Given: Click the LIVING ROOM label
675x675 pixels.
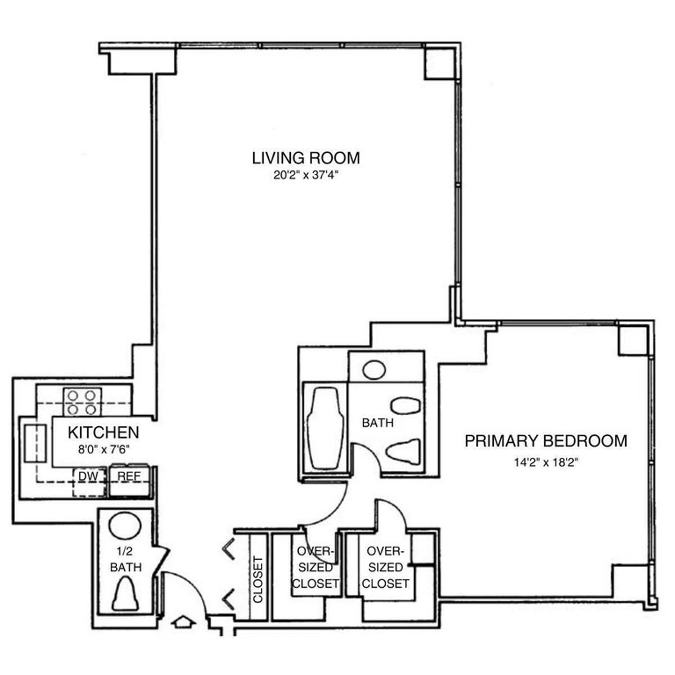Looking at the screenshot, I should [305, 157].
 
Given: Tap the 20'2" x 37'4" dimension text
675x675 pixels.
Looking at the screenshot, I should [305, 175].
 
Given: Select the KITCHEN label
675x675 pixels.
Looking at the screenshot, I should [103, 432].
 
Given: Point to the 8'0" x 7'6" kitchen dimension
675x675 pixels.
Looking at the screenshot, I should [103, 449].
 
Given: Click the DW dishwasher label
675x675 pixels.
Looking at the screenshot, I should [88, 476].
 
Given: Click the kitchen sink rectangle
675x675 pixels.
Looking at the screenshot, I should [35, 443].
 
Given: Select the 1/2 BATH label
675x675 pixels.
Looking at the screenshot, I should [125, 561].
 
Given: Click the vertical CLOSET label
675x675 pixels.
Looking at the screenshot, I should [258, 579].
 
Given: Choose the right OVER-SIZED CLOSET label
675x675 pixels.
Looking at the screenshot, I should [385, 567].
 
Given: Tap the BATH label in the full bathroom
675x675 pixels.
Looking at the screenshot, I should [377, 422].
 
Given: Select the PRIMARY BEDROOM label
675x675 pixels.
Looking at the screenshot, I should [545, 440].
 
